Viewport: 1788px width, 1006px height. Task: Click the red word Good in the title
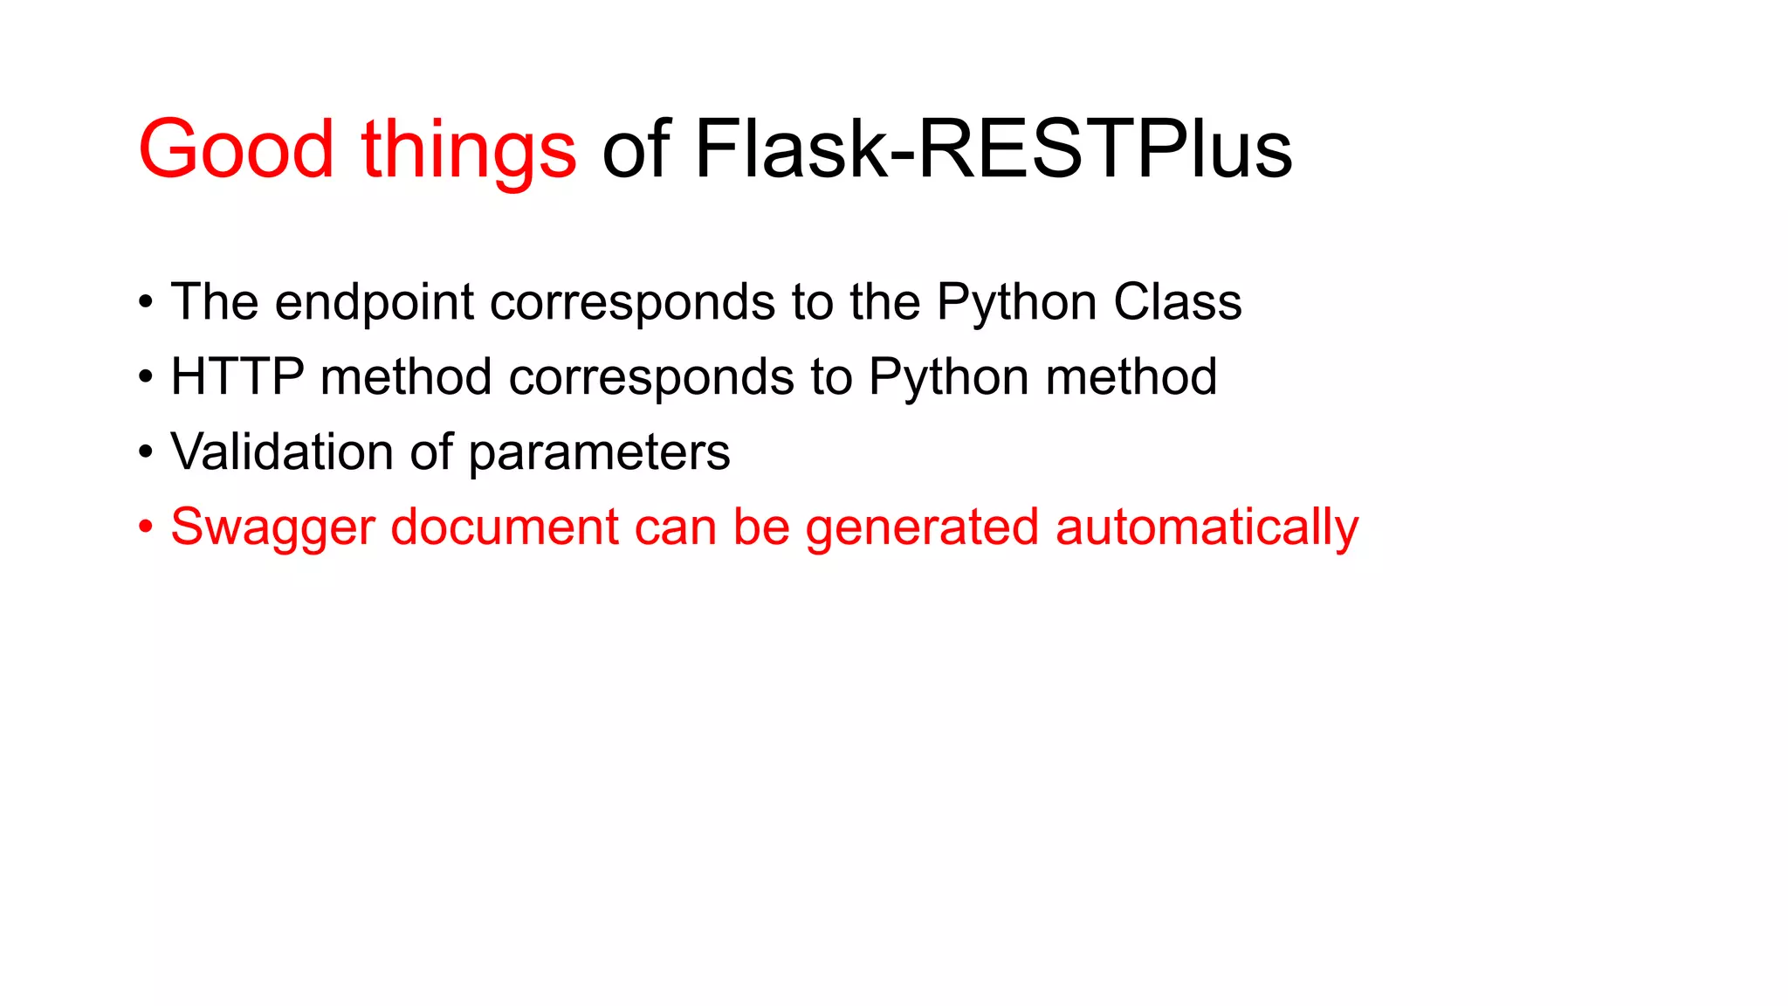tap(236, 150)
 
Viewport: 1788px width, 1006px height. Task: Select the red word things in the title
tap(469, 150)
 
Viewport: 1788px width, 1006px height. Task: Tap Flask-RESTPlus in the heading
tap(993, 150)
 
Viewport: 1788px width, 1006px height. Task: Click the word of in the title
tap(636, 150)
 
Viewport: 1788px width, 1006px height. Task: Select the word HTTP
tap(237, 377)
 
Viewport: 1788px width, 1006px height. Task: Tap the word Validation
tap(282, 452)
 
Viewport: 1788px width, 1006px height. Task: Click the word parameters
tap(599, 452)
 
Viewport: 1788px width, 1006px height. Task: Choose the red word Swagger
tap(272, 528)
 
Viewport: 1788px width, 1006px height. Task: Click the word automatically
tap(1207, 528)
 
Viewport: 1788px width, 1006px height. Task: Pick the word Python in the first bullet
tap(1016, 302)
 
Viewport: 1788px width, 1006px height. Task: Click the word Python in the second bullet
tap(948, 377)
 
